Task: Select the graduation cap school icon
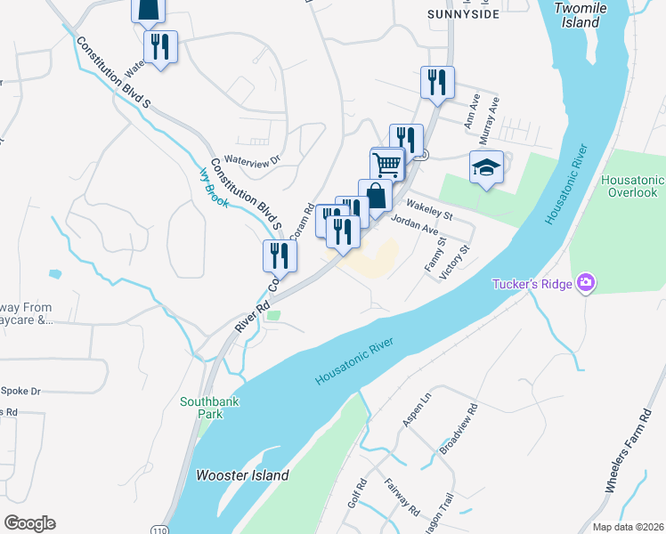(x=486, y=167)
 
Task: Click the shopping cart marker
(x=387, y=165)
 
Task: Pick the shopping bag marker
(x=375, y=196)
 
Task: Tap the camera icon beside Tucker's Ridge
(x=586, y=284)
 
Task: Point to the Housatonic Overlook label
(x=633, y=186)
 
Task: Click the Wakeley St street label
(x=430, y=208)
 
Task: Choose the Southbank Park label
(x=210, y=408)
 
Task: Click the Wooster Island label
(x=242, y=475)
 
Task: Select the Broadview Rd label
(x=460, y=426)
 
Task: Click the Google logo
(x=29, y=523)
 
